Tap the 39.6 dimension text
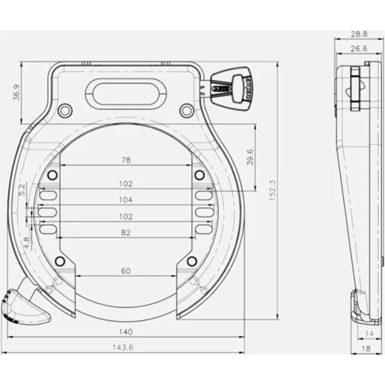(x=250, y=157)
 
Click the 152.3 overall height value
(x=272, y=191)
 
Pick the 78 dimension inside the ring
(x=126, y=160)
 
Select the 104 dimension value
(x=126, y=200)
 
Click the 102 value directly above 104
(x=126, y=184)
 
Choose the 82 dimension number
(x=126, y=233)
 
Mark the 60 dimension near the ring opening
(x=126, y=271)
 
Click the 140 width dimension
(x=126, y=332)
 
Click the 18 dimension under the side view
(x=366, y=349)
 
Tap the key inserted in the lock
(x=232, y=86)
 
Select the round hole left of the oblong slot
(x=65, y=110)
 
